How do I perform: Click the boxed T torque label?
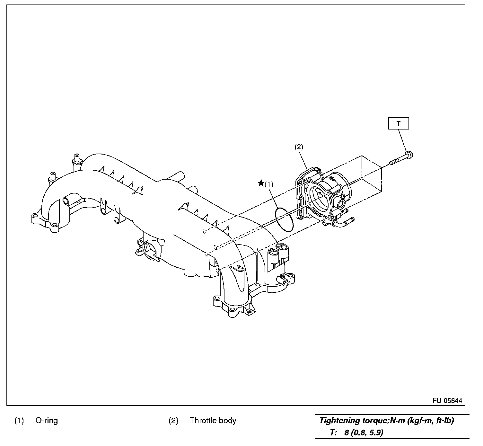pyautogui.click(x=398, y=123)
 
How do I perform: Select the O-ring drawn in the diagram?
pyautogui.click(x=284, y=219)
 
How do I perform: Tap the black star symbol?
pyautogui.click(x=261, y=183)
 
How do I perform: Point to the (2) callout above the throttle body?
pyautogui.click(x=299, y=147)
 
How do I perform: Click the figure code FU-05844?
pyautogui.click(x=447, y=400)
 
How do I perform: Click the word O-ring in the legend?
pyautogui.click(x=47, y=421)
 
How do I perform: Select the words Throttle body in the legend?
pyautogui.click(x=213, y=421)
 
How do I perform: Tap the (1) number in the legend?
pyautogui.click(x=19, y=421)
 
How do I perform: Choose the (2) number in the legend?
pyautogui.click(x=173, y=421)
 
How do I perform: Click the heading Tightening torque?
pyautogui.click(x=353, y=421)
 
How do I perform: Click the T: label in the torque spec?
pyautogui.click(x=333, y=433)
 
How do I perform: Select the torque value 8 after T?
pyautogui.click(x=346, y=433)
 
